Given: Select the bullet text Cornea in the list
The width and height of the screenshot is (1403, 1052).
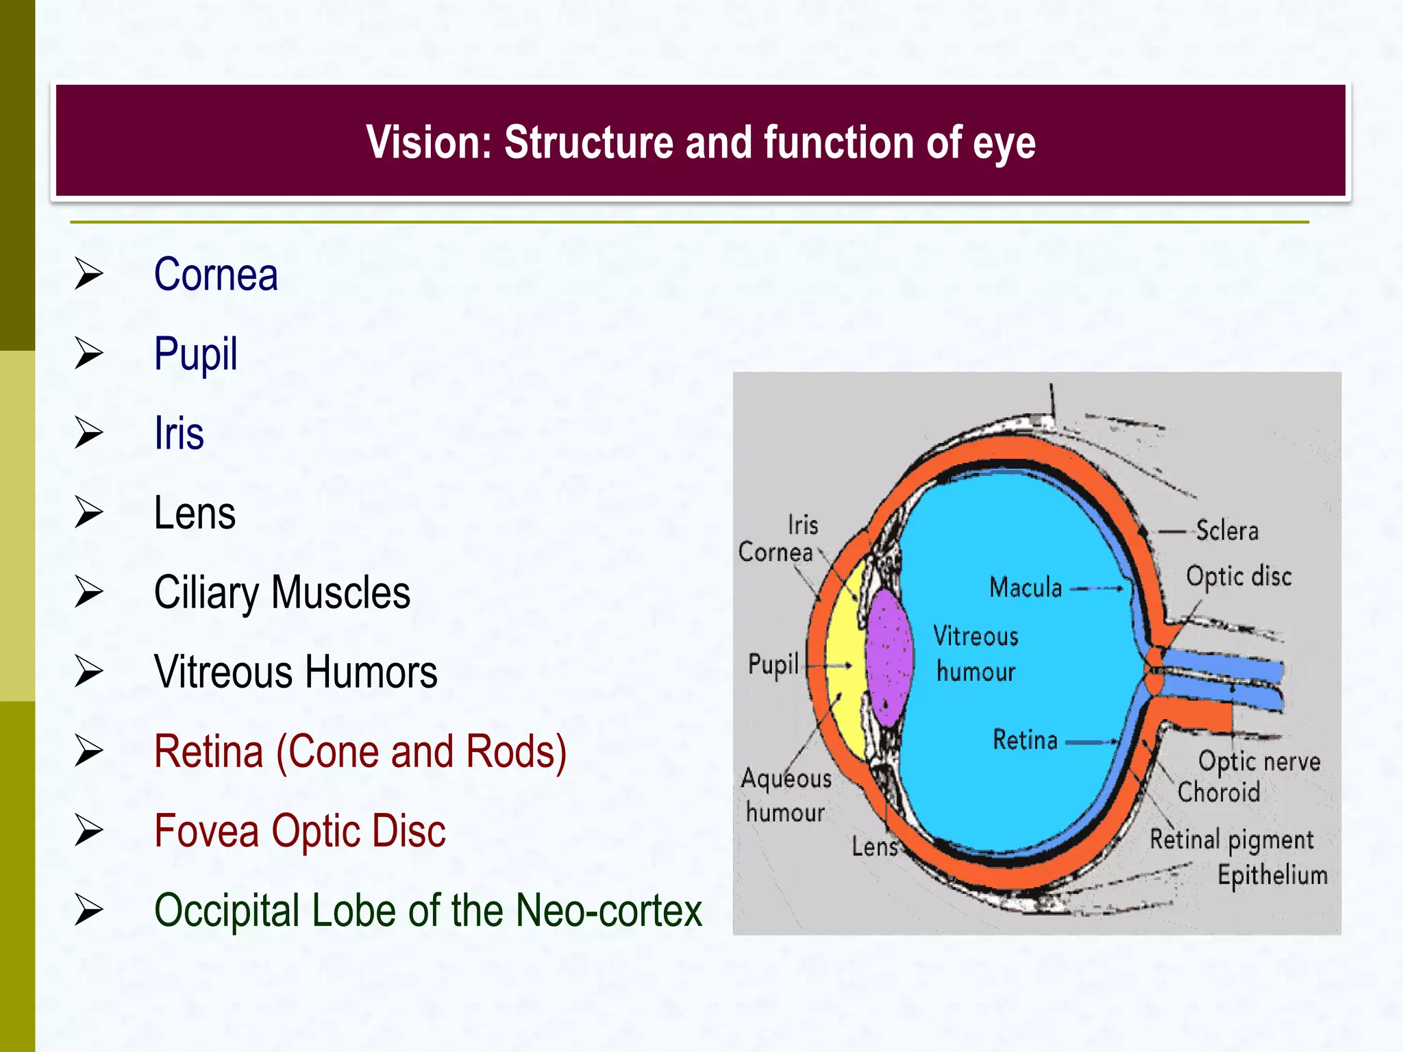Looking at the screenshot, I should pyautogui.click(x=216, y=275).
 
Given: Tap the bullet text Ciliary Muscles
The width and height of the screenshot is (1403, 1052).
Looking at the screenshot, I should pyautogui.click(x=282, y=592).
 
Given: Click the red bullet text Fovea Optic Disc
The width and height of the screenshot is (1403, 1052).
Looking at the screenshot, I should pyautogui.click(x=299, y=831).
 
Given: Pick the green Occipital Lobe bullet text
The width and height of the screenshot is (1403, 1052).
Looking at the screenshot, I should pyautogui.click(x=428, y=910).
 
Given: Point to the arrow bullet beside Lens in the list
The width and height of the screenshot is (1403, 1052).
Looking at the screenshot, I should pyautogui.click(x=89, y=512).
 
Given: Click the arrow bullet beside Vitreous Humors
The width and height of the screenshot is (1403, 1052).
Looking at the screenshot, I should pyautogui.click(x=89, y=671).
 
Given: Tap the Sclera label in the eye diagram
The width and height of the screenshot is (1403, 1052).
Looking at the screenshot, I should pyautogui.click(x=1227, y=531).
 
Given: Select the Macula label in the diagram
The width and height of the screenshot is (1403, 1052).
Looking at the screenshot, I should pyautogui.click(x=1026, y=588).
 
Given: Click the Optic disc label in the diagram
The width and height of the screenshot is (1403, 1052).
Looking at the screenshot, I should pyautogui.click(x=1239, y=576).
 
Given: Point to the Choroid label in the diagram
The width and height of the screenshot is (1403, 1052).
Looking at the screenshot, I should pyautogui.click(x=1219, y=792).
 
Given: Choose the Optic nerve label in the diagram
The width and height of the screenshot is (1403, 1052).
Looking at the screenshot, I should pyautogui.click(x=1259, y=761).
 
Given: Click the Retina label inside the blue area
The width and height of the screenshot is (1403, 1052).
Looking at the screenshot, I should pyautogui.click(x=1025, y=740).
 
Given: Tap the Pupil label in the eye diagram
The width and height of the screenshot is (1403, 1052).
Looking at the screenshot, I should pyautogui.click(x=773, y=664).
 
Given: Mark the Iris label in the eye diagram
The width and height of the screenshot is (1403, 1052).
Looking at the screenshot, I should pyautogui.click(x=803, y=525).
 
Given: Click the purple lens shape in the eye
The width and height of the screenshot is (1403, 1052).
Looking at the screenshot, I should pyautogui.click(x=889, y=657).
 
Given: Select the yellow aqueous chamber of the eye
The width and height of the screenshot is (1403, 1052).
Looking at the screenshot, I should pyautogui.click(x=844, y=657).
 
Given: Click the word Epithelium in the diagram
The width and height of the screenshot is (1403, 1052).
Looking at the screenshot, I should pyautogui.click(x=1272, y=875).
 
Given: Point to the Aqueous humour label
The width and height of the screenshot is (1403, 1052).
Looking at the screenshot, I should pyautogui.click(x=786, y=795).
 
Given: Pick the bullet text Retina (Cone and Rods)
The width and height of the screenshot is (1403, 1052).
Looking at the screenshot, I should pyautogui.click(x=360, y=751).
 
